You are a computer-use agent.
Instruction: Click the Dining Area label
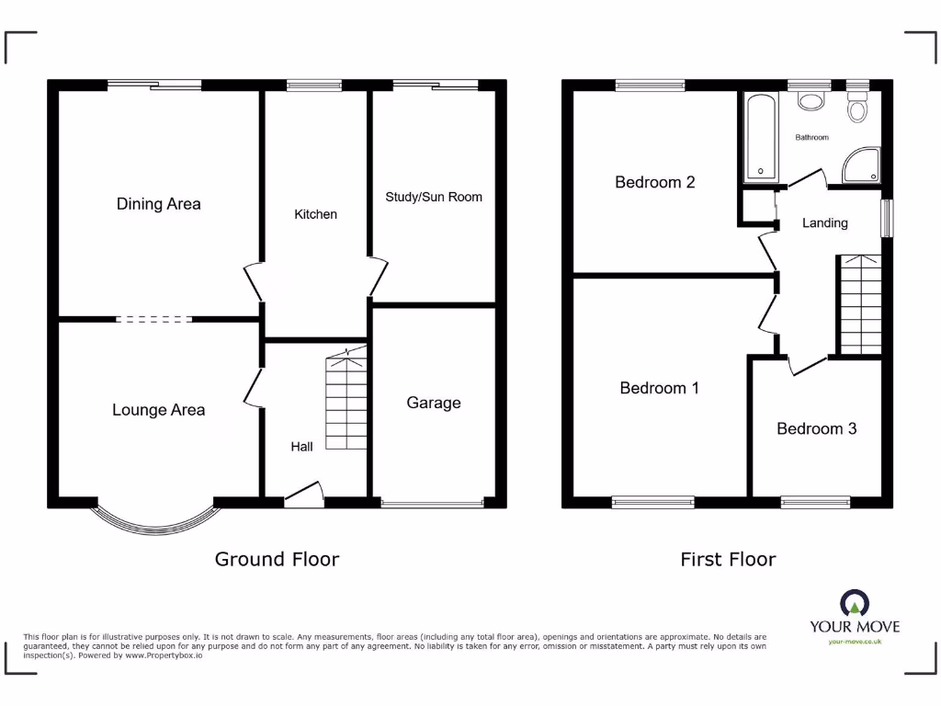click(158, 204)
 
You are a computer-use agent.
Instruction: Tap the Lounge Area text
click(158, 410)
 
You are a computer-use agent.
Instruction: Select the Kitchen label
click(315, 214)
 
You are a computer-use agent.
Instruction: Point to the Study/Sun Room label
click(433, 197)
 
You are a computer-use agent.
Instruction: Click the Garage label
click(433, 403)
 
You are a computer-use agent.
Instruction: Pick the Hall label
click(301, 447)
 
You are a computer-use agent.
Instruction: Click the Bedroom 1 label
click(659, 388)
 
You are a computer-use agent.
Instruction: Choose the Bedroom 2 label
click(654, 182)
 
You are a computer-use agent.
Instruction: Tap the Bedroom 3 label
click(816, 428)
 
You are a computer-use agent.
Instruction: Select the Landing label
click(824, 222)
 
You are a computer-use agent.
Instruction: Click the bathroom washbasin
click(810, 101)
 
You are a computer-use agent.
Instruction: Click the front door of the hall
click(305, 496)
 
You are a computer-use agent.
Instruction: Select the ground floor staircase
click(346, 402)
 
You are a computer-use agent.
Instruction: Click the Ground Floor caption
click(277, 559)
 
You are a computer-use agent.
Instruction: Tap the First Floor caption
click(728, 559)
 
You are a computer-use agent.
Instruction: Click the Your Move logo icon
click(854, 604)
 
